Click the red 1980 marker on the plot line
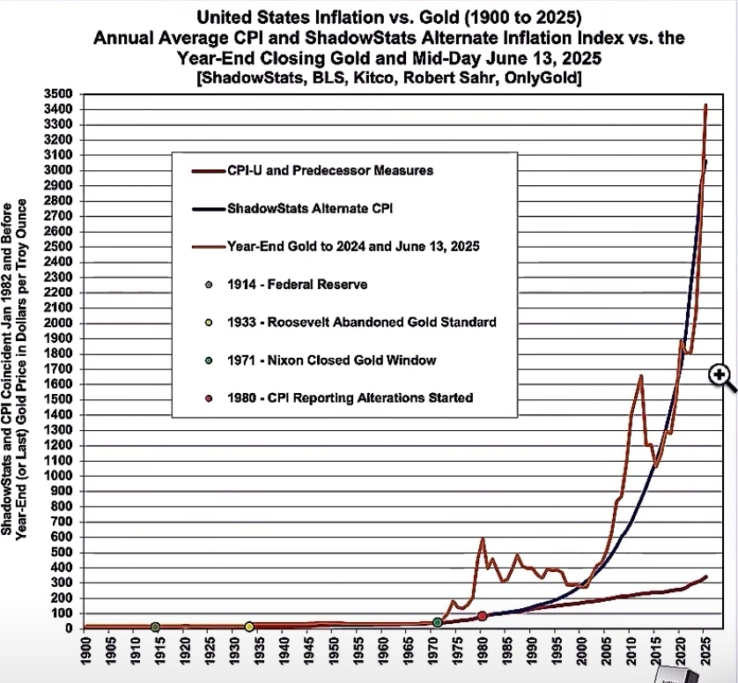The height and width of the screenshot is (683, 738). pos(482,616)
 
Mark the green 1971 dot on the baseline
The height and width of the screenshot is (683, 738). pos(438,623)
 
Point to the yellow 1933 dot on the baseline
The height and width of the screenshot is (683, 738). pos(249,627)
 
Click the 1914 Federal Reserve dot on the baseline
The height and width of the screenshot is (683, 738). pos(156,627)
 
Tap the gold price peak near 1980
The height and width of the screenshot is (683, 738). pos(483,538)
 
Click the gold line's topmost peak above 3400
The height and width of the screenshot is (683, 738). pos(705,106)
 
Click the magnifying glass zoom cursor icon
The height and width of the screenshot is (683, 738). pos(720,376)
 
